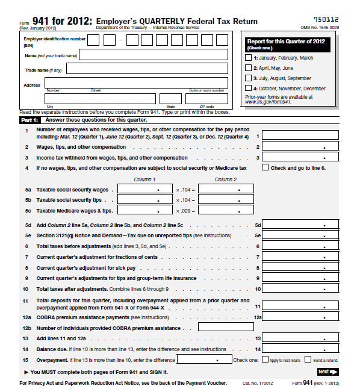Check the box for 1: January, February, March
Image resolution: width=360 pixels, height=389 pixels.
click(x=249, y=58)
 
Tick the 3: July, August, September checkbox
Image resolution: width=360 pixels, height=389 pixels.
click(x=249, y=78)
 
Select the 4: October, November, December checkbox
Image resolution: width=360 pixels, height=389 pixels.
click(x=249, y=89)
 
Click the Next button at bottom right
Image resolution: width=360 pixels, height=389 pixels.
click(x=328, y=372)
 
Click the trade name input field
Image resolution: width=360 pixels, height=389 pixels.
click(x=147, y=69)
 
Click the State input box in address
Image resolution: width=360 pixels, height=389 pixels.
click(x=170, y=99)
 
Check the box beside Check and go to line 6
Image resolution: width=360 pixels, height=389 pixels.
click(x=265, y=168)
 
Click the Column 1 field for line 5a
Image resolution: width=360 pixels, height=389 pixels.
click(x=144, y=189)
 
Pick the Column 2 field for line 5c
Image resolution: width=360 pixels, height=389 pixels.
click(x=225, y=211)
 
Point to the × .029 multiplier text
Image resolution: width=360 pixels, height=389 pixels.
click(x=183, y=211)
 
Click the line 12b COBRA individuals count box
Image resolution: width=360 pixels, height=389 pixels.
click(x=226, y=328)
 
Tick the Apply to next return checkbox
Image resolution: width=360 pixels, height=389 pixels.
click(x=264, y=360)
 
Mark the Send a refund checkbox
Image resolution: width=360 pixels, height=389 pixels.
click(x=308, y=360)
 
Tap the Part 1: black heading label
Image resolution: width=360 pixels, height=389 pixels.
click(x=28, y=120)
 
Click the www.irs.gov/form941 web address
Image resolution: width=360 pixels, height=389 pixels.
click(x=268, y=102)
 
